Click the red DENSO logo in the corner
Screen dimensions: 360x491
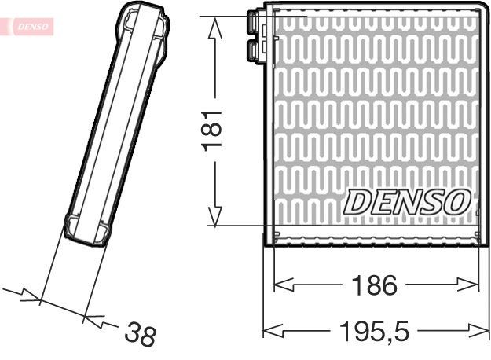(29, 27)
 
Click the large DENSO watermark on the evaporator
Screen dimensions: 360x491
(407, 201)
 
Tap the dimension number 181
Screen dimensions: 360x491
(214, 130)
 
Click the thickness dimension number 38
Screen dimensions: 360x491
(141, 336)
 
